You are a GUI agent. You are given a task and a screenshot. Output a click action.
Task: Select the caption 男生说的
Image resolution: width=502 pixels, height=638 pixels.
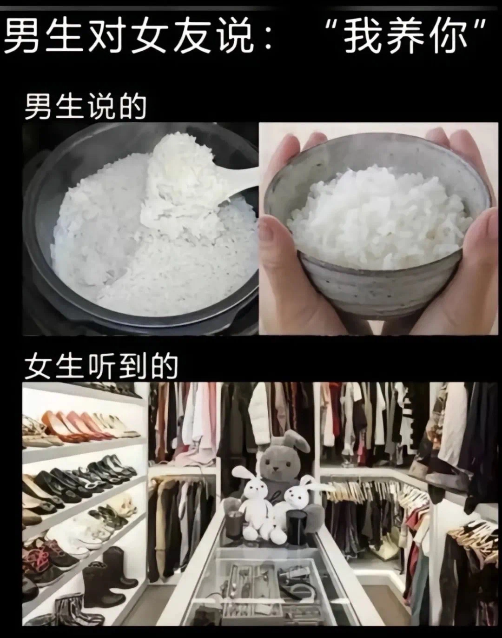pos(86,107)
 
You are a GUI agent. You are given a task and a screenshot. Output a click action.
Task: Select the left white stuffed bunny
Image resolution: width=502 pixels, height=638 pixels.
pos(253,505)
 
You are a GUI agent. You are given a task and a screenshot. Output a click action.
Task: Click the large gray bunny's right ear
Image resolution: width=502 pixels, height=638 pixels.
pos(297,440)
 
